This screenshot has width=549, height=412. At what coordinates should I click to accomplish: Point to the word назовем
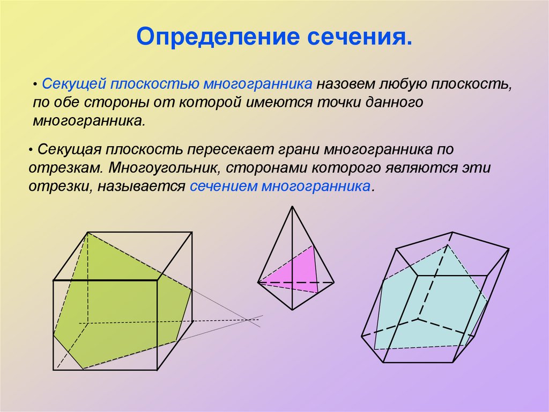coord(345,85)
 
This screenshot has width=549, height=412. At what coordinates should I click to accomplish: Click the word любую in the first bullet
coord(404,85)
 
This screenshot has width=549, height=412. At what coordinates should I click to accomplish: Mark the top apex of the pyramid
coord(292,207)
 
